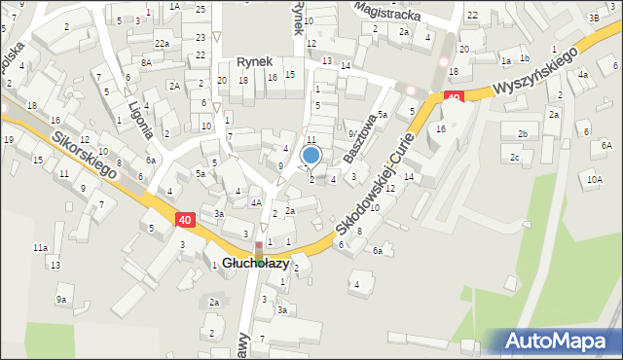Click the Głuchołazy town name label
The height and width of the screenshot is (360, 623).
pos(252,264)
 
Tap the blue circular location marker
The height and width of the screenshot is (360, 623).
pos(311,155)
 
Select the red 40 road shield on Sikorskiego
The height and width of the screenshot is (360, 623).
pos(185,221)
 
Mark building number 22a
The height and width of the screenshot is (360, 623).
pos(162,44)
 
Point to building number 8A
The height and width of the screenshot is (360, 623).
pos(145,62)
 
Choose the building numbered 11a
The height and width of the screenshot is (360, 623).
pos(40,248)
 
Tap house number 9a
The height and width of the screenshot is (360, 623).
pos(60,300)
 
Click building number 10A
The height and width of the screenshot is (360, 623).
pos(594,179)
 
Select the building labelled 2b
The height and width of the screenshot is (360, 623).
pos(523,133)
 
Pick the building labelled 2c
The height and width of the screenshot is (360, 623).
pos(514,157)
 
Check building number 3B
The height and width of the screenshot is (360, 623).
pos(594,18)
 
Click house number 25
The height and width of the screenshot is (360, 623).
pos(200,9)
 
